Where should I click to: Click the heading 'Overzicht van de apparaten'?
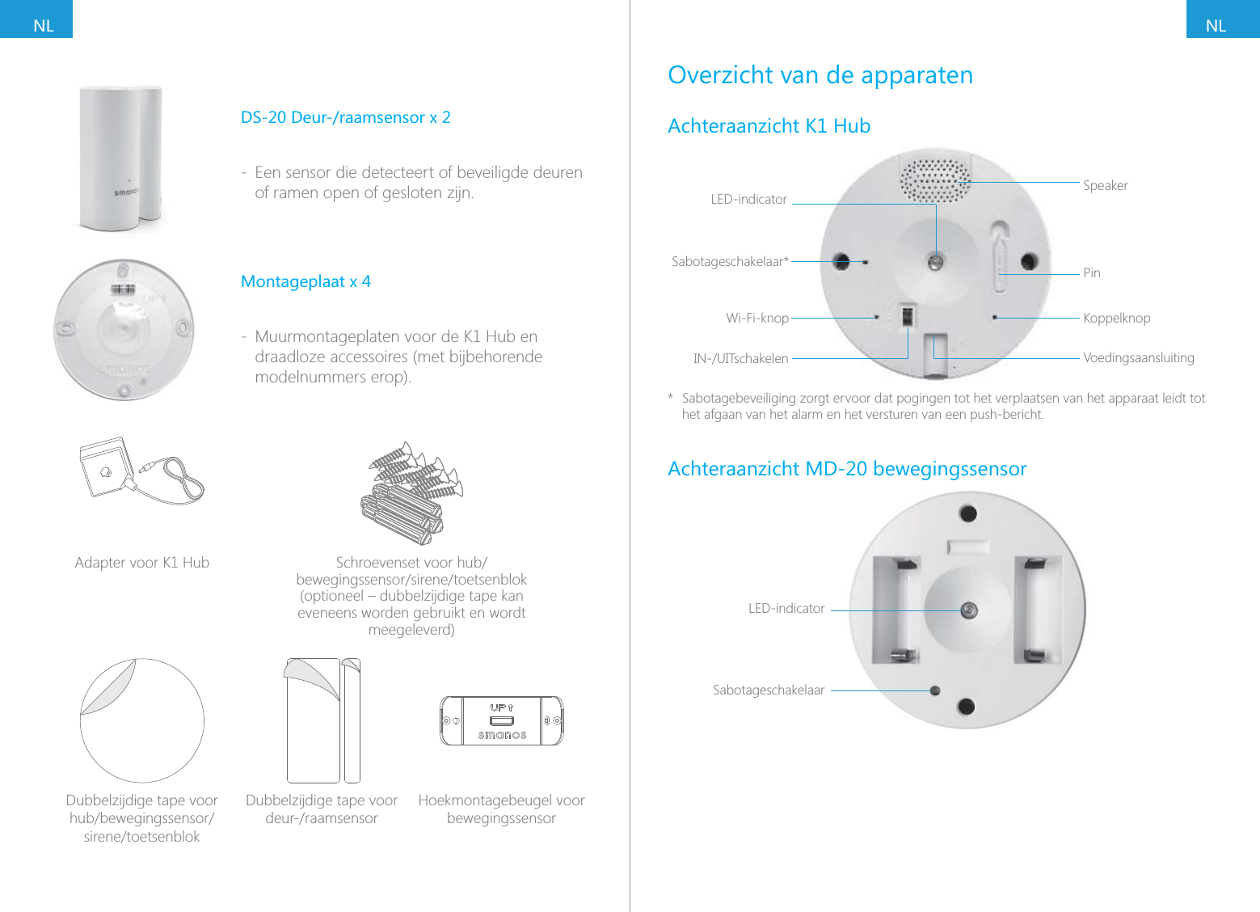[x=820, y=75]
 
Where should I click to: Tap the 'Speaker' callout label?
[x=1105, y=185]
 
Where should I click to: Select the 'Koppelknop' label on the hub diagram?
[x=1116, y=318]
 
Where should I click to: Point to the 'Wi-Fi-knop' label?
[x=756, y=318]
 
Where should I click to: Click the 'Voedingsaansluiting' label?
[x=1138, y=357]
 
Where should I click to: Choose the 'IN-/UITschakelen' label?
[x=740, y=358]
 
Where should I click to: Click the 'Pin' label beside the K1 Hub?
[x=1091, y=272]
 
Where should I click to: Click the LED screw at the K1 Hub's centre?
[x=936, y=261]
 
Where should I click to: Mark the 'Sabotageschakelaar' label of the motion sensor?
[x=768, y=690]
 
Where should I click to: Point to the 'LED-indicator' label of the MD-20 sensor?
[x=786, y=608]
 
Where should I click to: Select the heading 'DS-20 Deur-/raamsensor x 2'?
[x=345, y=117]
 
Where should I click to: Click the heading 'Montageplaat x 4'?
[x=306, y=281]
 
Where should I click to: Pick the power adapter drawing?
[x=141, y=471]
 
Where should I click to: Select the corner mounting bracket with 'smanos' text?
[x=501, y=720]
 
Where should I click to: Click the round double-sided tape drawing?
[x=142, y=720]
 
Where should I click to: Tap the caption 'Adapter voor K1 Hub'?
[x=141, y=562]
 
